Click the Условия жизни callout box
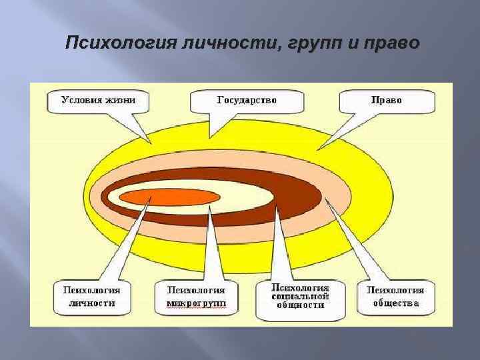[x=98, y=101]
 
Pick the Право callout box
[x=387, y=101]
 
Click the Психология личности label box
[x=91, y=297]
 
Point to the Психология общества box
[x=395, y=297]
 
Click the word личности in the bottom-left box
[x=91, y=303]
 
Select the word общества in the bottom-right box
[x=395, y=303]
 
